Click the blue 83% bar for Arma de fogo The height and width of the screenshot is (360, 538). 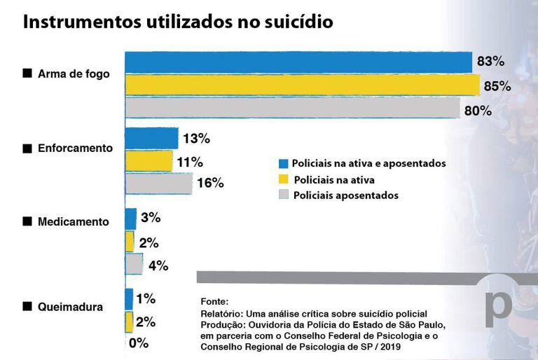coord(298,62)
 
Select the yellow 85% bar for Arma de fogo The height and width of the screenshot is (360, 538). coord(301,85)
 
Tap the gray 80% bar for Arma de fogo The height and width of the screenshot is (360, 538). coord(291,109)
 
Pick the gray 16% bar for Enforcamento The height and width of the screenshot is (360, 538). coord(158,184)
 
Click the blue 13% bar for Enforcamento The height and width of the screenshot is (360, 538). coord(151,139)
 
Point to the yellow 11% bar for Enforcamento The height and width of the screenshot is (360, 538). coord(149,161)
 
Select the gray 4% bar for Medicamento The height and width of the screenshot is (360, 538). coord(134,265)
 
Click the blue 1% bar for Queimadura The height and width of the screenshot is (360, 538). coord(129,299)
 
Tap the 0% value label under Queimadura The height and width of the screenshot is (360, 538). coord(138,344)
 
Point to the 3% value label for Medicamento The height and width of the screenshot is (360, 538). coord(151,218)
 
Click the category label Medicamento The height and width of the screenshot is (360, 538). coord(73,221)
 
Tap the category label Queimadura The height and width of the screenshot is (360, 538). coord(71,307)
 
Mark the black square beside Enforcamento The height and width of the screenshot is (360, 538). coord(27,148)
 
